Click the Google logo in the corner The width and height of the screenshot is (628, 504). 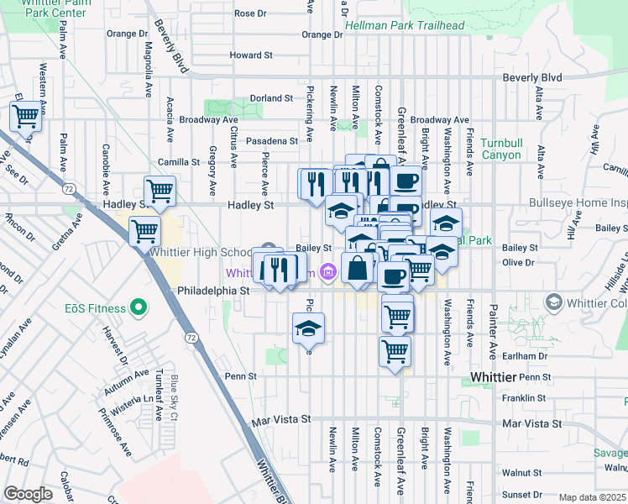tap(28, 493)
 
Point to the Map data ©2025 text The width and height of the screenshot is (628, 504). tap(593, 497)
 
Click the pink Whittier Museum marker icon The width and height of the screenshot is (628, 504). tap(327, 272)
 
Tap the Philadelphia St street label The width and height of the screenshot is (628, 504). tap(214, 290)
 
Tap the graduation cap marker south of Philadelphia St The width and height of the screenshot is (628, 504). tap(309, 328)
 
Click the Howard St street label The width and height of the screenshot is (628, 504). tap(251, 55)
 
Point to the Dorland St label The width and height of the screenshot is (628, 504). tap(270, 98)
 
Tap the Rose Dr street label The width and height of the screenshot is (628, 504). tap(250, 13)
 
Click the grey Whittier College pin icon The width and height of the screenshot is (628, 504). tap(553, 302)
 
